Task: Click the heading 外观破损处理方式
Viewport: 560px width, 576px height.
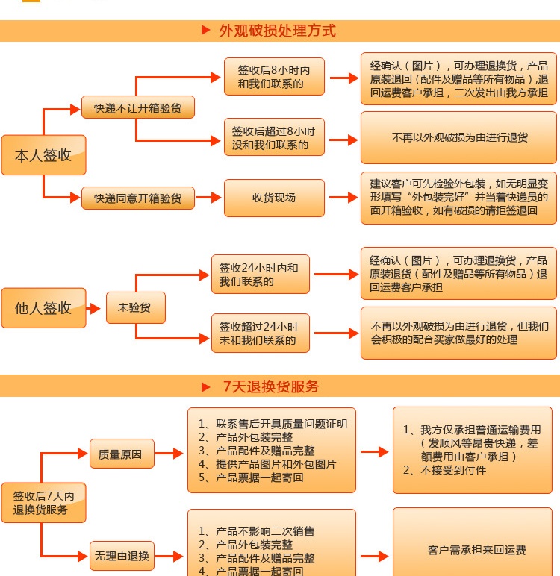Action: point(277,31)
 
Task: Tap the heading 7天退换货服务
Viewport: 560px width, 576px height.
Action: point(271,386)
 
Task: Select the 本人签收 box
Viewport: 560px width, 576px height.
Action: point(43,155)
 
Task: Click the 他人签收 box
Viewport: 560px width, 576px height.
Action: point(43,308)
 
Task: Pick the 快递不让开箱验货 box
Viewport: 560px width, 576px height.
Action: point(138,107)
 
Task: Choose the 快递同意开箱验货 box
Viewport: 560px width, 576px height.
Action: point(138,198)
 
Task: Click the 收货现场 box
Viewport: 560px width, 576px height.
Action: point(274,198)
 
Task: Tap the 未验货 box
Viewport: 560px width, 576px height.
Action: point(136,307)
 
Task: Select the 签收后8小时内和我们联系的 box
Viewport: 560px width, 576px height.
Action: point(274,76)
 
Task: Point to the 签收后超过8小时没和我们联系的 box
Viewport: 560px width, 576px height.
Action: point(274,137)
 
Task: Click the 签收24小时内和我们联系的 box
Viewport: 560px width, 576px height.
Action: point(261,274)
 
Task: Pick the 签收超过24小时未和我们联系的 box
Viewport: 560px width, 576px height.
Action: point(261,334)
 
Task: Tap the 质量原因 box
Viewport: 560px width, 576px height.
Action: point(122,454)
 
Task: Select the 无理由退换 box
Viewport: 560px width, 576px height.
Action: point(122,556)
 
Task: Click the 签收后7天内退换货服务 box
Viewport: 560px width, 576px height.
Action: point(43,503)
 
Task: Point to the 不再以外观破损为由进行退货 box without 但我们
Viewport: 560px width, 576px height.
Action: point(458,138)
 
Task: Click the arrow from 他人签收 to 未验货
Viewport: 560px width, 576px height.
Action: point(93,308)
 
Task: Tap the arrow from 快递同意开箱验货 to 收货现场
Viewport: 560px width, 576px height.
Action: point(208,197)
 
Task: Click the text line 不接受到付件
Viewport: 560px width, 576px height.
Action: point(444,470)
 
